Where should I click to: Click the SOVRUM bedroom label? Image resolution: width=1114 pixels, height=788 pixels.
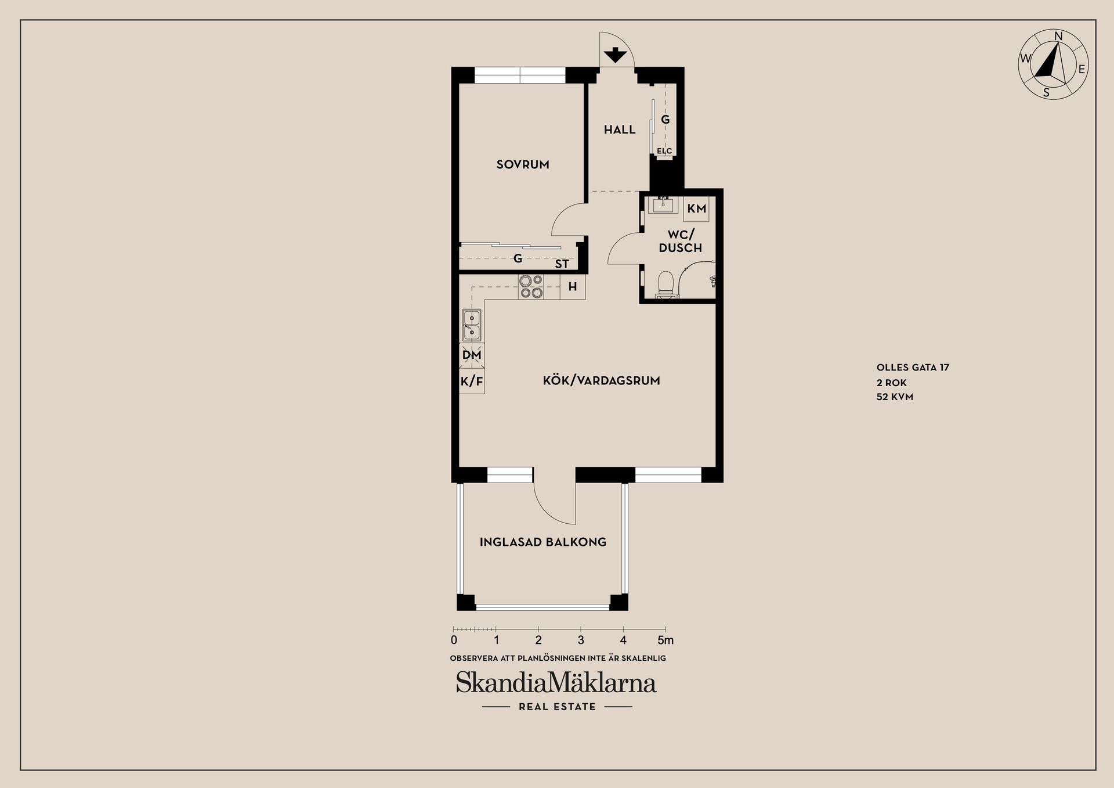pos(523,164)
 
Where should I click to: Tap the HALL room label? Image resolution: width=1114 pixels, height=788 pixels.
pos(620,129)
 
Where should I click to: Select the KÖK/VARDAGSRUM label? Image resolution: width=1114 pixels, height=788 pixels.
pos(601,381)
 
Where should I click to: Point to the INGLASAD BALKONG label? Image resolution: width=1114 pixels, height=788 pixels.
pos(543,542)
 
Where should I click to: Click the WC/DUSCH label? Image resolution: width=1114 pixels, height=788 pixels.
pos(681,241)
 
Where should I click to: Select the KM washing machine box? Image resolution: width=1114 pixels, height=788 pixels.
pos(697,208)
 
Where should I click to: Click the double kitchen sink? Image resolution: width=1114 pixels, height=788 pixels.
pos(472,325)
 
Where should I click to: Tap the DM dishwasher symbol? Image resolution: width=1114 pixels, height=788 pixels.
pos(472,355)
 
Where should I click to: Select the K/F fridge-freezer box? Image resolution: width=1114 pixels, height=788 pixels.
pos(472,382)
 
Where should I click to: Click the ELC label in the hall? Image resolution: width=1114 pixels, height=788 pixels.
pos(664,151)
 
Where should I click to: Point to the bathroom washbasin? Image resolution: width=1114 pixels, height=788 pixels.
pos(663,205)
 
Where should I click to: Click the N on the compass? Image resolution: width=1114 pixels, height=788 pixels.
pos(1058,37)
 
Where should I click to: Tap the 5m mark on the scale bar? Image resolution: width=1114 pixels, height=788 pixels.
pos(665,640)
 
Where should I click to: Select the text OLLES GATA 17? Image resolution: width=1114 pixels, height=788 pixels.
pos(913,368)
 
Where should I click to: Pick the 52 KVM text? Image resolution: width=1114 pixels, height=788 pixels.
pos(895,397)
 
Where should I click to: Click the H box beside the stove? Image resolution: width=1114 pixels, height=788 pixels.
pos(573,287)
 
